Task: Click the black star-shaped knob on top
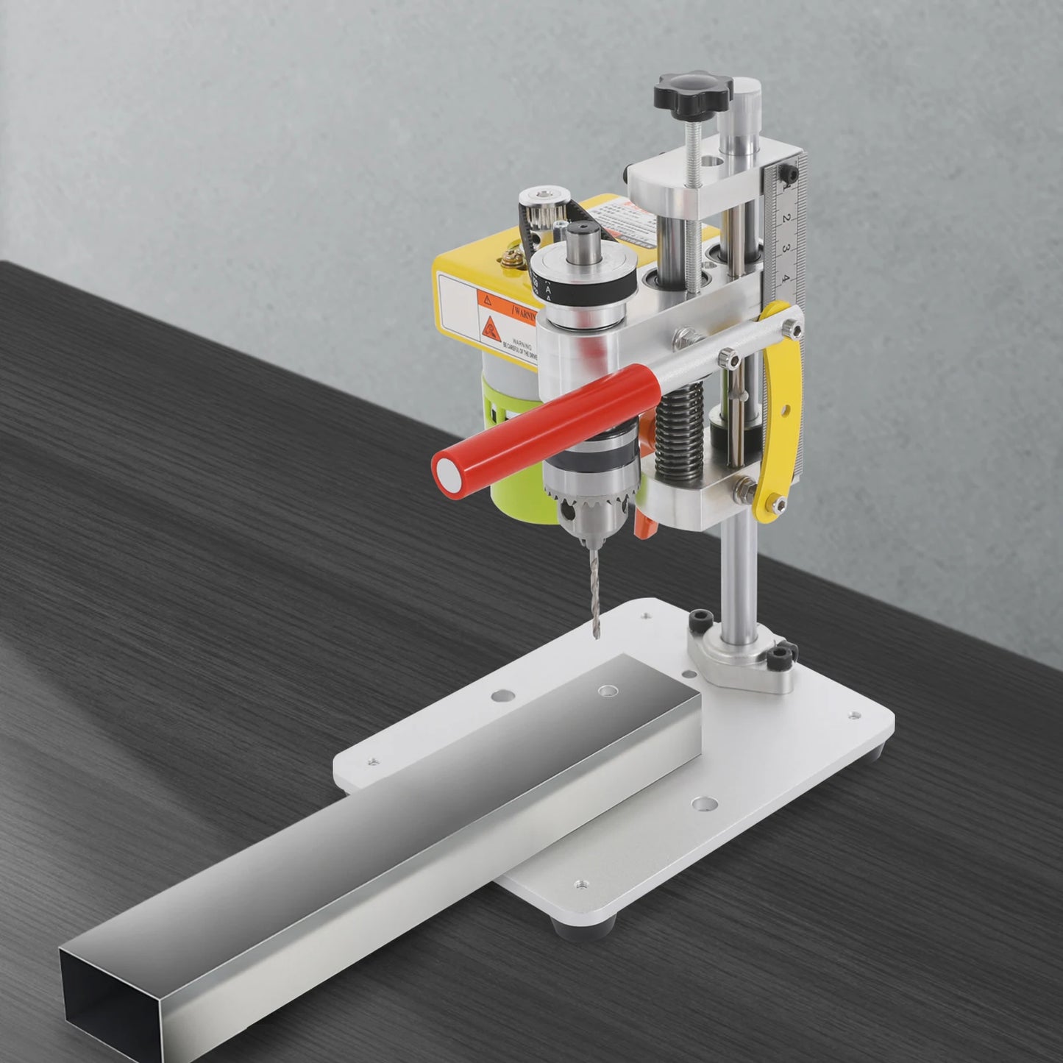(x=692, y=93)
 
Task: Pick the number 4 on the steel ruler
(x=786, y=278)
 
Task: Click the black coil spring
(x=676, y=441)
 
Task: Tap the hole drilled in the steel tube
(x=607, y=691)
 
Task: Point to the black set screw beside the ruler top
(x=789, y=174)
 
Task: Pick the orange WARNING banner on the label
(x=511, y=309)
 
